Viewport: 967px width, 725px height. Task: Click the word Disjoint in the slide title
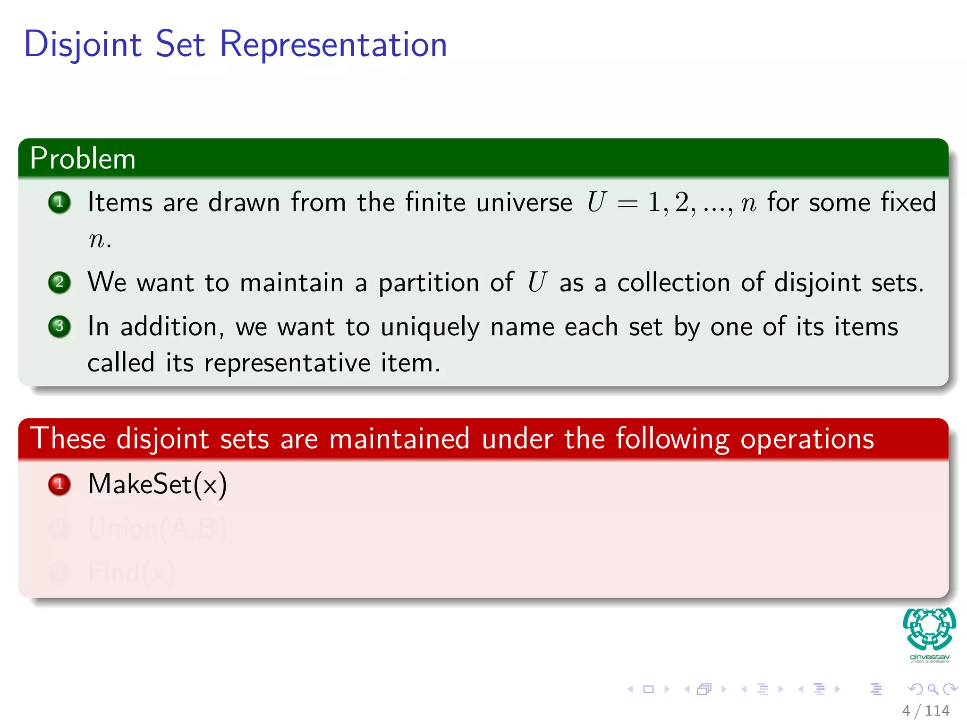(83, 44)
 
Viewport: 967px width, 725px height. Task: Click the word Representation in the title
(333, 44)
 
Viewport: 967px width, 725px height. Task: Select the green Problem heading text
(83, 158)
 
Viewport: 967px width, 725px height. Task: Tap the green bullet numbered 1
(59, 202)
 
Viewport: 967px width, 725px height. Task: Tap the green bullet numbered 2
(59, 282)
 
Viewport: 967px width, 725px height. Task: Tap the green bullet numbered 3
(59, 326)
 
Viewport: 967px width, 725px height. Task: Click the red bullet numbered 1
(59, 484)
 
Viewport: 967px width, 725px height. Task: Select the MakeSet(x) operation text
(157, 484)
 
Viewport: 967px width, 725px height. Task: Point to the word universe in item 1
(524, 203)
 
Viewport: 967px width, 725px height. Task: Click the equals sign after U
(627, 203)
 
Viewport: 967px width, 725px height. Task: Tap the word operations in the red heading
(807, 439)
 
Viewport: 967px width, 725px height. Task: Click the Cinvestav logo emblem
(929, 629)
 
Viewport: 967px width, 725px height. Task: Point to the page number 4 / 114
(925, 710)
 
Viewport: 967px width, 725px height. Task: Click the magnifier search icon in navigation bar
(933, 689)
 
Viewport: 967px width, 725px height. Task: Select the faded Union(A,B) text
(157, 528)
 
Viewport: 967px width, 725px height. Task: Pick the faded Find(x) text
(131, 572)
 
